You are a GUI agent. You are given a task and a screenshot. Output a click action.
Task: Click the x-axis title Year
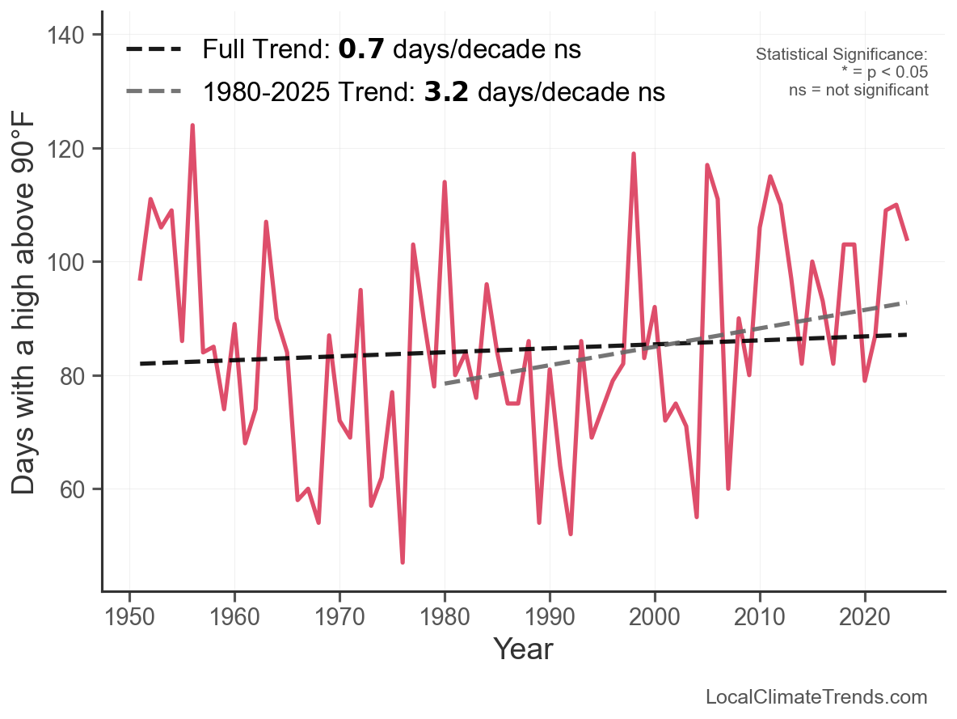[x=523, y=649]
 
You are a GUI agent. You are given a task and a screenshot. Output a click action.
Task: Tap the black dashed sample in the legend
[x=154, y=49]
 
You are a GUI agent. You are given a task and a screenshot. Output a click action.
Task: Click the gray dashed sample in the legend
[x=154, y=92]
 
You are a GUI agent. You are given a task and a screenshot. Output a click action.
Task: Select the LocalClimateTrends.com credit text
[x=816, y=697]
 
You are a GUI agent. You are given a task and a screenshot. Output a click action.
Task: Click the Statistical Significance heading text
[x=841, y=55]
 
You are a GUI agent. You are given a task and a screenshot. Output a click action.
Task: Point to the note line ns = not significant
[x=858, y=90]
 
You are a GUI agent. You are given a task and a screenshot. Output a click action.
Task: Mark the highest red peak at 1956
[x=192, y=125]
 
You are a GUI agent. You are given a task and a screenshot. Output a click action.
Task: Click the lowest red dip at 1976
[x=403, y=562]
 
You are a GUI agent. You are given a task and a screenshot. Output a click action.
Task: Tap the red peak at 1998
[x=634, y=154]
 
